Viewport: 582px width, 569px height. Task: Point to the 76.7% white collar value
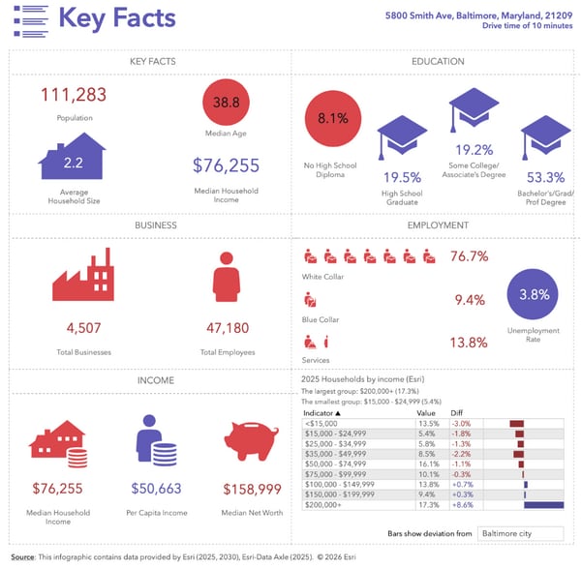click(x=469, y=256)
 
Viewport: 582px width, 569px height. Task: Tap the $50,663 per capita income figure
click(x=156, y=490)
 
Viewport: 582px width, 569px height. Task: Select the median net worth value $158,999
click(x=253, y=490)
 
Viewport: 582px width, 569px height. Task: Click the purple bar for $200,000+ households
click(x=543, y=505)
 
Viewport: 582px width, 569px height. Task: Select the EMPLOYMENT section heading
click(x=437, y=225)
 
